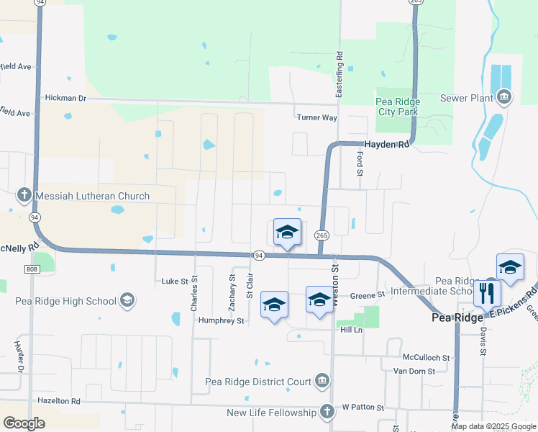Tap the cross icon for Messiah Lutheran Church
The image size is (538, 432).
click(x=24, y=195)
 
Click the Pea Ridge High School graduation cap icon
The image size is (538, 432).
click(x=127, y=300)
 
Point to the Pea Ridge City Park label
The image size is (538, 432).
click(x=398, y=107)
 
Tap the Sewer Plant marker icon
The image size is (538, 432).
click(x=503, y=97)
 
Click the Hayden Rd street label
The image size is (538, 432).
click(x=386, y=144)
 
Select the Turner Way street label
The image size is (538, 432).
click(x=316, y=117)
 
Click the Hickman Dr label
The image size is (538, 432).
click(x=65, y=97)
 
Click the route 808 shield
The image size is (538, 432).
click(x=31, y=269)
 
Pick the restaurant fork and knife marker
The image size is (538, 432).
click(x=487, y=294)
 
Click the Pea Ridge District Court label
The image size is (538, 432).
click(x=257, y=381)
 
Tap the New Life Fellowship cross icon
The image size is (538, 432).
click(x=327, y=412)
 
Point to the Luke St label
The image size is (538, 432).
click(x=174, y=281)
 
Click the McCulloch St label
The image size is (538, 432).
click(x=426, y=357)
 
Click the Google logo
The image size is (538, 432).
click(x=24, y=423)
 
